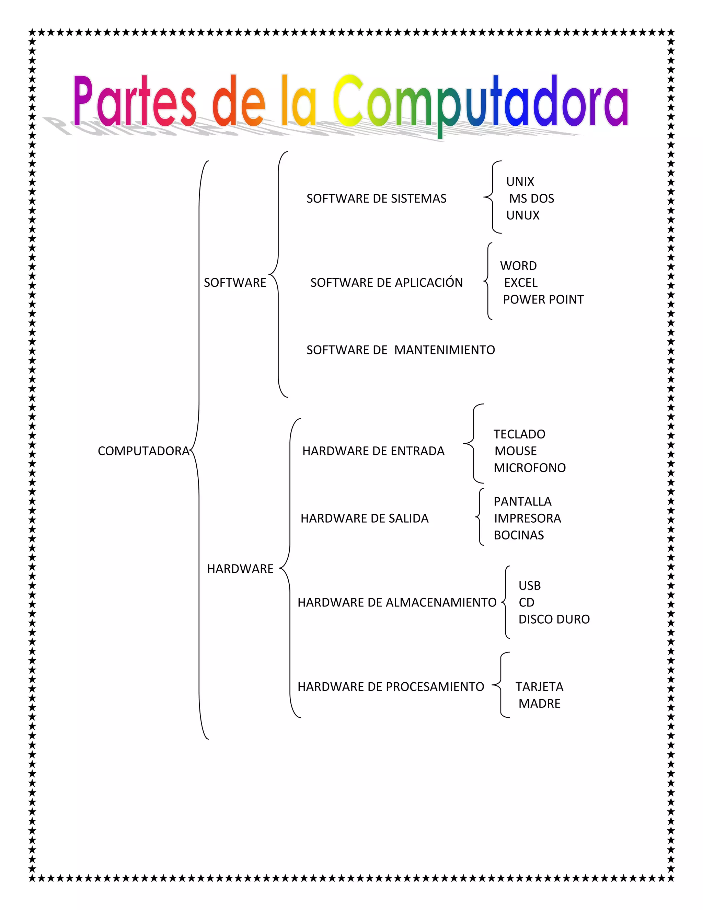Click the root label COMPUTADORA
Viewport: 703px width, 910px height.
(x=143, y=451)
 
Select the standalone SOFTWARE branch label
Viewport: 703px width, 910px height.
(x=235, y=283)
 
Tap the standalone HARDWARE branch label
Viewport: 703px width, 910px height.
(x=240, y=569)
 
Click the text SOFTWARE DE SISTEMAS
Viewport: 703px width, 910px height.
(x=376, y=199)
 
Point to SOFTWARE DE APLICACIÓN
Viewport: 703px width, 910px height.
(x=387, y=283)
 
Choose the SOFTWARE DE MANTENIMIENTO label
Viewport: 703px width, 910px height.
(x=401, y=350)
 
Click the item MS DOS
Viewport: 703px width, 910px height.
(x=531, y=199)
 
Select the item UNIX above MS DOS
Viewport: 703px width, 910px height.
(x=520, y=182)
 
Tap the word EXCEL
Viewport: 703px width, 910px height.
(x=521, y=283)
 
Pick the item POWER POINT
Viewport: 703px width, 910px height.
(x=543, y=299)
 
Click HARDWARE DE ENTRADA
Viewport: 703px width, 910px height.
(x=373, y=451)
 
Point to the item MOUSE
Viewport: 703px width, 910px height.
(x=515, y=451)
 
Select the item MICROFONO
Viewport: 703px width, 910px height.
(x=529, y=468)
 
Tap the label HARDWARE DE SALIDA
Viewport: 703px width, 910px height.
(x=365, y=518)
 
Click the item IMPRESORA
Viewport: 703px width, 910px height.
(x=527, y=518)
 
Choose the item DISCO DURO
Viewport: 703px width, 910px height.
(x=554, y=619)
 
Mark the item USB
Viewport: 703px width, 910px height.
(x=529, y=586)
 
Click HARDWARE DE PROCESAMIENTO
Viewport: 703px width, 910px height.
(x=391, y=687)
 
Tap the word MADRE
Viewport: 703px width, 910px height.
(x=539, y=704)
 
